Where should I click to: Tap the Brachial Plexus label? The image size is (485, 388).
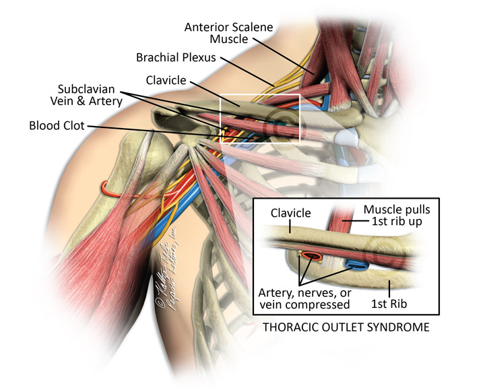point(176,57)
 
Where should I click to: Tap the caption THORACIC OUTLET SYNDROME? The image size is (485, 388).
point(345,328)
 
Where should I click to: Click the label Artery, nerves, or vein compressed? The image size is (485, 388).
point(304,298)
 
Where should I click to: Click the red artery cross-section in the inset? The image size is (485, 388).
point(311,257)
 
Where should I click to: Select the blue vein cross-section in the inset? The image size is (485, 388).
point(356,264)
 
